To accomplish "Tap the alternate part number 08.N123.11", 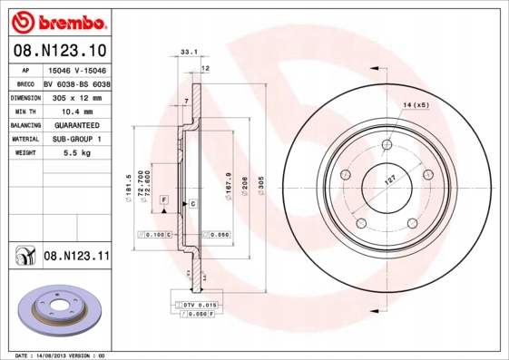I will [x=76, y=257].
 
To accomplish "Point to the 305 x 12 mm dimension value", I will [x=75, y=96].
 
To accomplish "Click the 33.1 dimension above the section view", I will [x=190, y=54].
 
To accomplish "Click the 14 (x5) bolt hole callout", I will [x=415, y=106].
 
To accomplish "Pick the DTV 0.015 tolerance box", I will [x=196, y=304].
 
